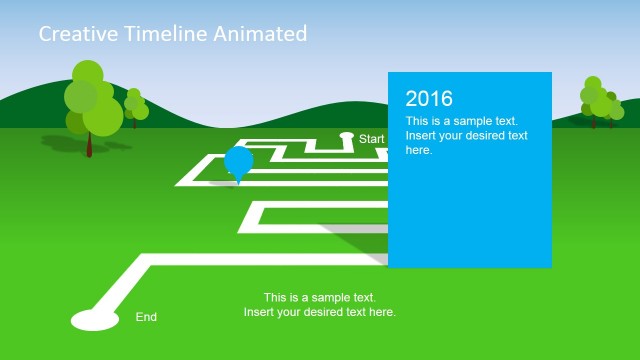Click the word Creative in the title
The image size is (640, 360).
click(x=74, y=34)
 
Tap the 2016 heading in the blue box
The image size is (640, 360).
click(x=429, y=98)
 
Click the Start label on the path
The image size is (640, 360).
click(x=372, y=139)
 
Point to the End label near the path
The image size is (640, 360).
click(x=146, y=317)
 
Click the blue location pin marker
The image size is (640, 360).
click(x=238, y=161)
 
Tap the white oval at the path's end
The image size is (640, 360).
click(x=95, y=320)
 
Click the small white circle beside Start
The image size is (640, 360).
click(x=347, y=135)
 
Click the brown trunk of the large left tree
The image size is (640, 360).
click(x=89, y=144)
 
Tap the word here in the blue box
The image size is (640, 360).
click(x=419, y=150)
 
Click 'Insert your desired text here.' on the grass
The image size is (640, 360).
click(x=320, y=312)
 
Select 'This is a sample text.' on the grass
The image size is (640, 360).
click(x=320, y=297)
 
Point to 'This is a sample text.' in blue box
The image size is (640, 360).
click(x=462, y=121)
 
